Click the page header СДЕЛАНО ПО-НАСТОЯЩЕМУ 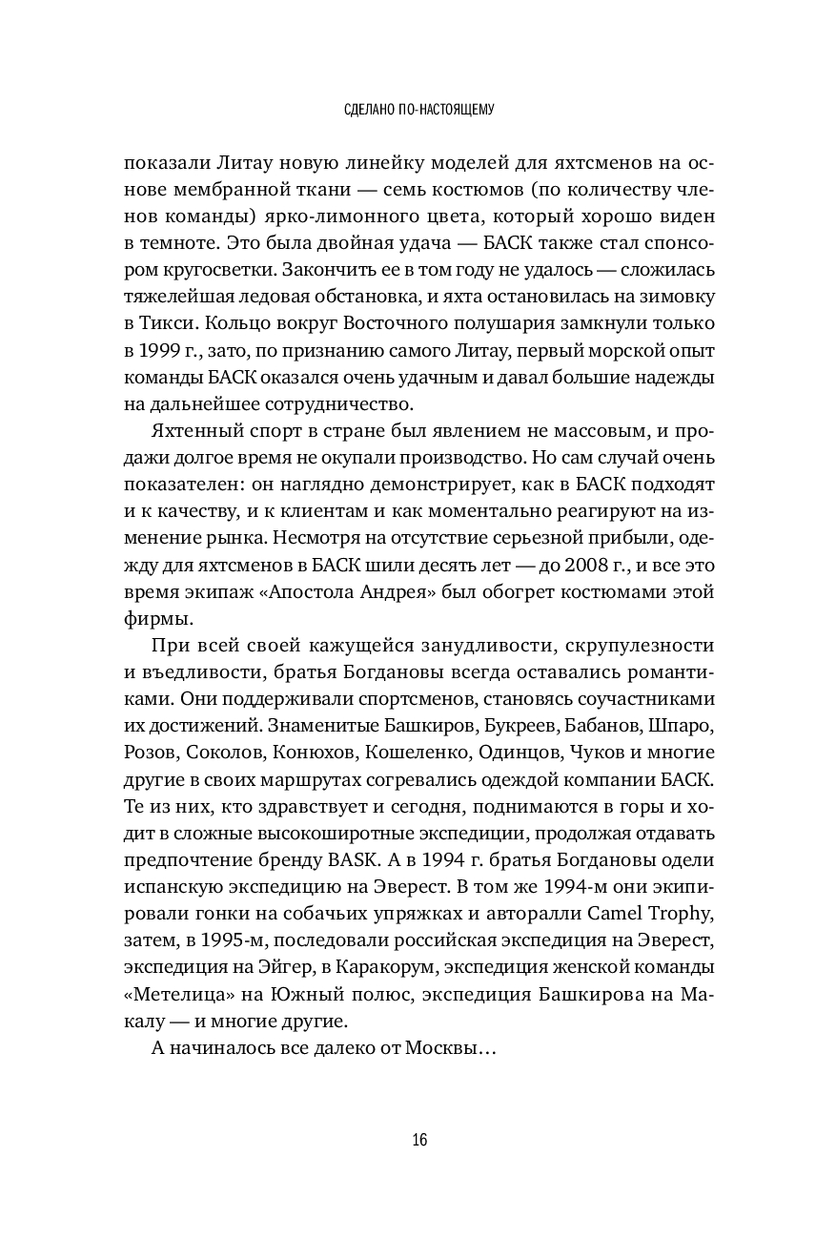coord(407,111)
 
